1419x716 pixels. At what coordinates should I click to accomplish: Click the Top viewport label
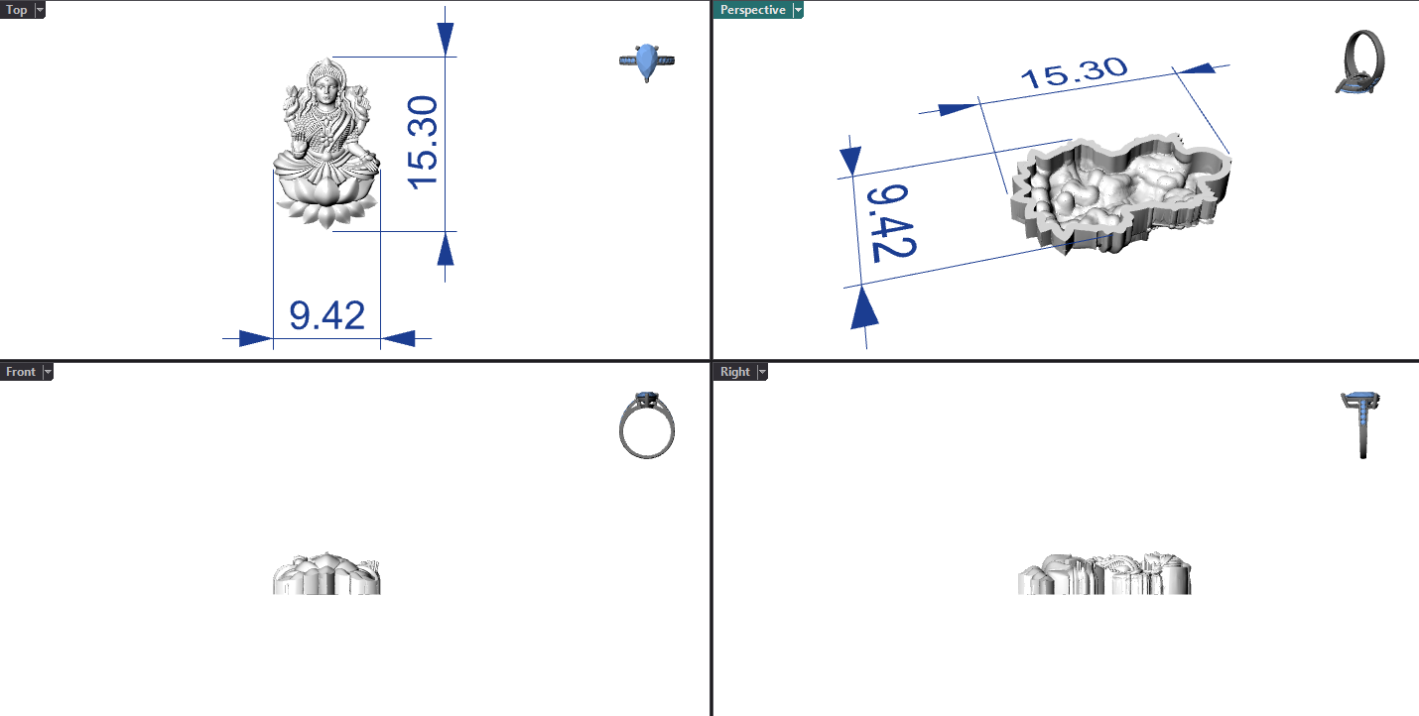pyautogui.click(x=17, y=10)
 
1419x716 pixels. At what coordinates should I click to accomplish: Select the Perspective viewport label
pyautogui.click(x=752, y=10)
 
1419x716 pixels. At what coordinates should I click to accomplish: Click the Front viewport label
pyautogui.click(x=20, y=372)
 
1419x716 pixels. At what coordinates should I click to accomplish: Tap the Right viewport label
pyautogui.click(x=735, y=372)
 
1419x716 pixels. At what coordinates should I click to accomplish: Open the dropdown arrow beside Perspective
pyautogui.click(x=798, y=10)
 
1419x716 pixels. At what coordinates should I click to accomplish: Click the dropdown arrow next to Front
pyautogui.click(x=48, y=372)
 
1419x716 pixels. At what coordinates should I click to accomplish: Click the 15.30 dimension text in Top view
pyautogui.click(x=423, y=143)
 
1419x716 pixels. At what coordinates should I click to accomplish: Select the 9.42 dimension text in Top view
pyautogui.click(x=326, y=315)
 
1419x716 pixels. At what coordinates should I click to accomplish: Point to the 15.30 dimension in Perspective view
pyautogui.click(x=1075, y=72)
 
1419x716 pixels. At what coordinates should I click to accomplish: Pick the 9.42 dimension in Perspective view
pyautogui.click(x=891, y=223)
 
